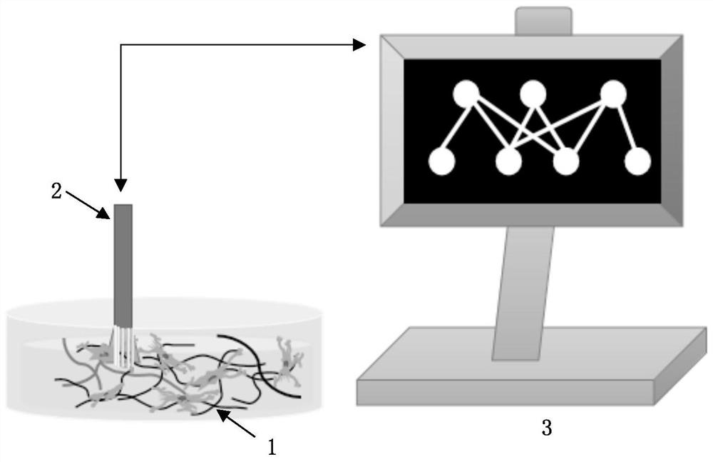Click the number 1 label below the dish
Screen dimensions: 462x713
point(272,447)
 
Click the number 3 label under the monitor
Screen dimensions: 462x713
point(547,428)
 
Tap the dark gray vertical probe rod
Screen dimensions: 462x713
point(123,264)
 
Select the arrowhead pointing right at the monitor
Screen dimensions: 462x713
point(360,45)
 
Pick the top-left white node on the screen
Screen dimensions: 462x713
point(466,94)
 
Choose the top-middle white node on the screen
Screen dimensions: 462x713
point(533,94)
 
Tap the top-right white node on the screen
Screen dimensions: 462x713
point(613,94)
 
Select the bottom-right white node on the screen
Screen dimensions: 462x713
point(637,162)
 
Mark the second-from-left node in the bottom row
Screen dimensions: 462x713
point(508,162)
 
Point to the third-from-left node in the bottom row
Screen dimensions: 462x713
point(566,162)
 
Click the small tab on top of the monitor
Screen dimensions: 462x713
point(543,21)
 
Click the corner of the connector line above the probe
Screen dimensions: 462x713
point(122,45)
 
